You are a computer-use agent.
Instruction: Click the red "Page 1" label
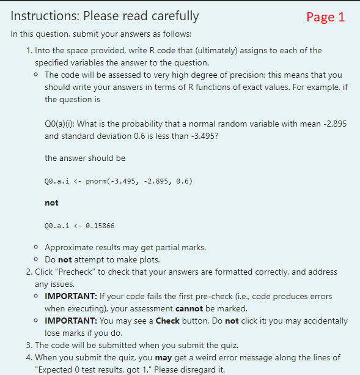click(325, 17)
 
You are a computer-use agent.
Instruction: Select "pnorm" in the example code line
click(95, 181)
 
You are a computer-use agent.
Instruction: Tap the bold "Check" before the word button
click(167, 321)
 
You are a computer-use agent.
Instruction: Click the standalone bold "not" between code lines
click(51, 203)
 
